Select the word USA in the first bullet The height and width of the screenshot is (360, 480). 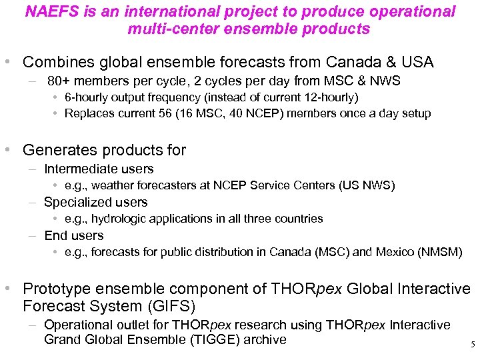point(417,63)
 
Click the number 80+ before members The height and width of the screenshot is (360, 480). point(60,81)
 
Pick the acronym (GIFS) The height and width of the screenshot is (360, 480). point(172,307)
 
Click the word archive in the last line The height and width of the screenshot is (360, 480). point(265,339)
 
